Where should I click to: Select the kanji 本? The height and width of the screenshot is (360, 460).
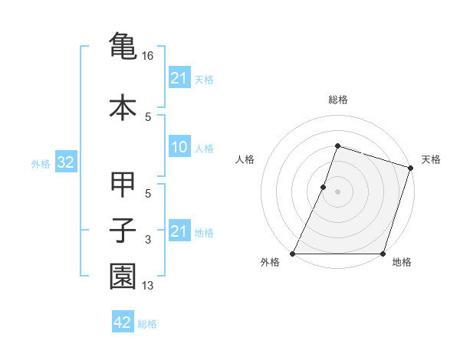123,107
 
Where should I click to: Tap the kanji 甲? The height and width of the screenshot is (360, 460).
123,185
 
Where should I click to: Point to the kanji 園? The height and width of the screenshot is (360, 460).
123,276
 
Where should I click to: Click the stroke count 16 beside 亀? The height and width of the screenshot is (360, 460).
149,56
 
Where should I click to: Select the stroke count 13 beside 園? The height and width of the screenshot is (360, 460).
149,286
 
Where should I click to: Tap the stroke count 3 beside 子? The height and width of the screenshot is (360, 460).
148,241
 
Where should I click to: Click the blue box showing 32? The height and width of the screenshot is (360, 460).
65,162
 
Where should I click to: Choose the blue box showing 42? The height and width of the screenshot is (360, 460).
123,322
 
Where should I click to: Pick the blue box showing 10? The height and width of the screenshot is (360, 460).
179,147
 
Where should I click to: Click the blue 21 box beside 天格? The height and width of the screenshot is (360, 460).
179,78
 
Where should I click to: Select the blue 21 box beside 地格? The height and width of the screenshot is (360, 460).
179,231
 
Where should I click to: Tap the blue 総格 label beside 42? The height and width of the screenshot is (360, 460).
147,324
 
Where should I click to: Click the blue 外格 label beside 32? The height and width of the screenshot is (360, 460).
40,163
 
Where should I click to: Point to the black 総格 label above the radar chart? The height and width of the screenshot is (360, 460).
337,100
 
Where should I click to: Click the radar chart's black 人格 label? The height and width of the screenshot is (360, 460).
245,159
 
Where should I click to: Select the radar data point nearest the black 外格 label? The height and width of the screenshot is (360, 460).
293,254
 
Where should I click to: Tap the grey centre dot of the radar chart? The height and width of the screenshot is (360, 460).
337,191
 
